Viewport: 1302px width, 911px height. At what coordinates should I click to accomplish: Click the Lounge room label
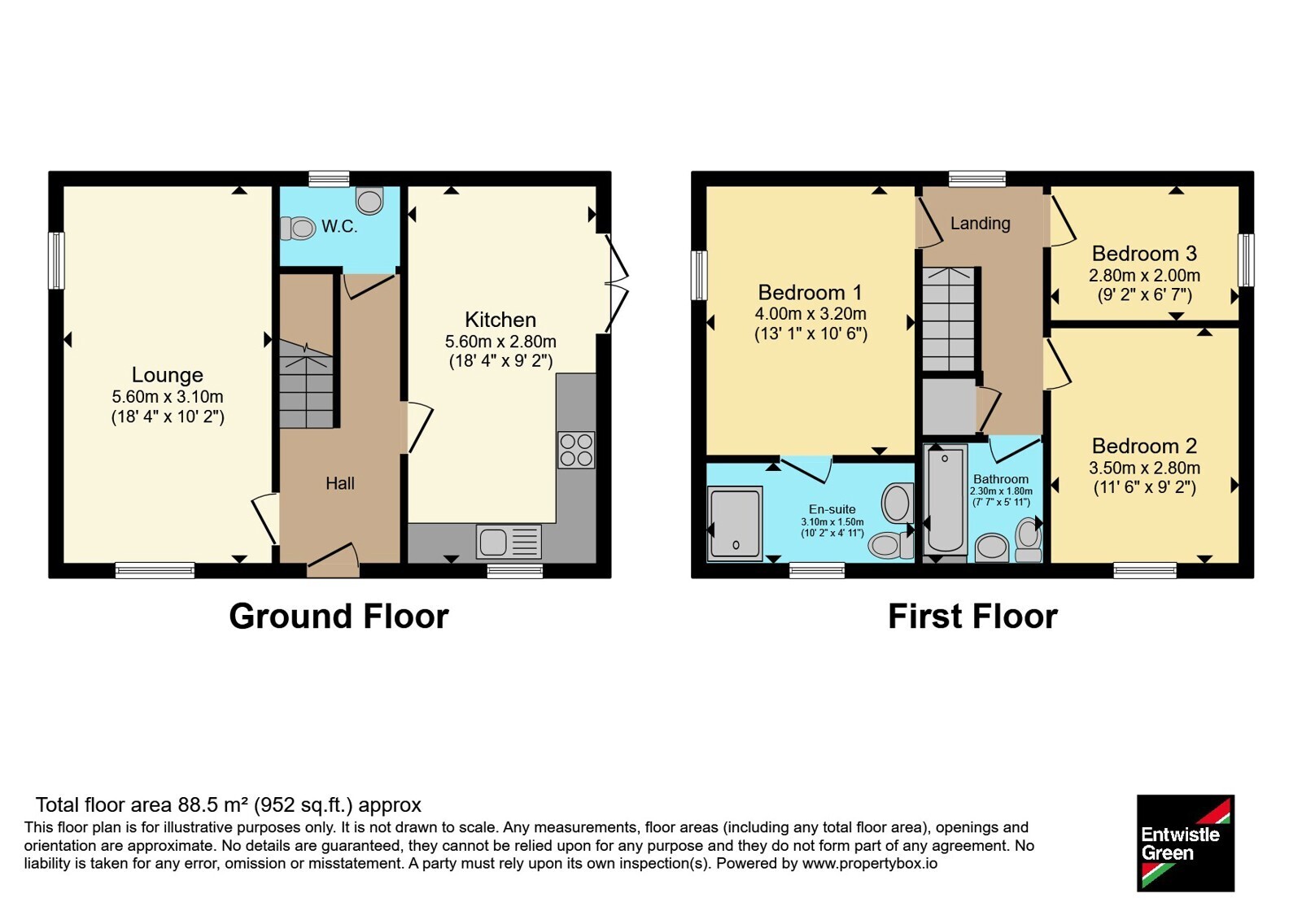[x=168, y=375]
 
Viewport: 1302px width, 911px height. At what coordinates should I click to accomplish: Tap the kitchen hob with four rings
[x=576, y=450]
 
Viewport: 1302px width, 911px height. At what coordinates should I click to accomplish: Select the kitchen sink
[x=509, y=542]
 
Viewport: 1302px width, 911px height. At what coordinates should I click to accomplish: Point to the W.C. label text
[x=339, y=227]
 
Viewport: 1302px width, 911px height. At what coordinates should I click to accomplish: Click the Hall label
[x=340, y=483]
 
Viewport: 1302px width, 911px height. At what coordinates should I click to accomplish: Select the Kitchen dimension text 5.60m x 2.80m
[x=500, y=341]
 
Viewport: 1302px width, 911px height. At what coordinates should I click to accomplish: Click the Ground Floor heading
[x=339, y=617]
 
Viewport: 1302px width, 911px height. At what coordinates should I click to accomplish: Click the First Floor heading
[x=973, y=617]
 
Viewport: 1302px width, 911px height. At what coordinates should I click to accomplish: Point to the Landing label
[x=980, y=223]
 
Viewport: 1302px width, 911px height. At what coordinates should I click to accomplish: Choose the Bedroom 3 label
[x=1144, y=253]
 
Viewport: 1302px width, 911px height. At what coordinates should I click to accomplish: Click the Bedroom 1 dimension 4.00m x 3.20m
[x=810, y=314]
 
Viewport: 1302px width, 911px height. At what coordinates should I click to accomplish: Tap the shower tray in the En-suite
[x=735, y=524]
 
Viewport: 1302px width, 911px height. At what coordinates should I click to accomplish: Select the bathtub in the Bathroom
[x=945, y=500]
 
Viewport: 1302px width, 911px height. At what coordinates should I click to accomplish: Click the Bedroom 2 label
[x=1144, y=446]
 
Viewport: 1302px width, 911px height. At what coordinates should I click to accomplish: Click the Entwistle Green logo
[x=1186, y=843]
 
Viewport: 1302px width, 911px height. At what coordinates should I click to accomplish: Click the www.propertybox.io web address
[x=870, y=863]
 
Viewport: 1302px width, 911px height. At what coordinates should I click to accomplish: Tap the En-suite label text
[x=832, y=509]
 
